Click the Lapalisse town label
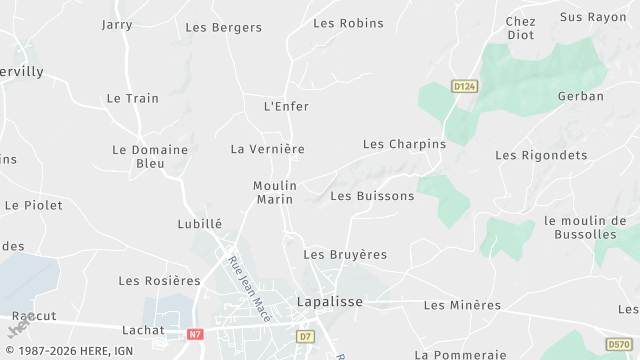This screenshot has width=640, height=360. pos(330,301)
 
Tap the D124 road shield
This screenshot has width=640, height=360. pos(464,87)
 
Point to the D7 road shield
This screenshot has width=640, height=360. pos(306,337)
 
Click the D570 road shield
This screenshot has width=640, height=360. pos(619,345)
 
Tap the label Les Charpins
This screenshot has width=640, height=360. pos(404,144)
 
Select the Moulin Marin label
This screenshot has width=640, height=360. pos(273,193)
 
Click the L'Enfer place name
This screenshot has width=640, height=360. pos(286,106)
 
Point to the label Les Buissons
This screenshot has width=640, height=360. pos(372,196)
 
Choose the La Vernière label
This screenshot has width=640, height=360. pos(267,149)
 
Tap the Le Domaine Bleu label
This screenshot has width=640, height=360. pos(150,156)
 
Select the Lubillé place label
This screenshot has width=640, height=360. pos(199,224)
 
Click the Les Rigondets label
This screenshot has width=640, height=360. pos(540,155)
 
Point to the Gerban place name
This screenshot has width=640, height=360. pos(581,97)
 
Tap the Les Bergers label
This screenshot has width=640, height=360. pos(224,28)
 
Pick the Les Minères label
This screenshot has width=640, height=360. pos(462,305)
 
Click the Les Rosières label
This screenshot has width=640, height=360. pos(159,281)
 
